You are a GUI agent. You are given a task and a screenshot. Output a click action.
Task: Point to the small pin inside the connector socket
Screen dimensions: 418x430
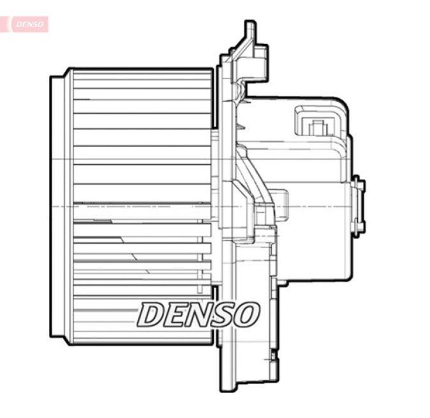(318, 128)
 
